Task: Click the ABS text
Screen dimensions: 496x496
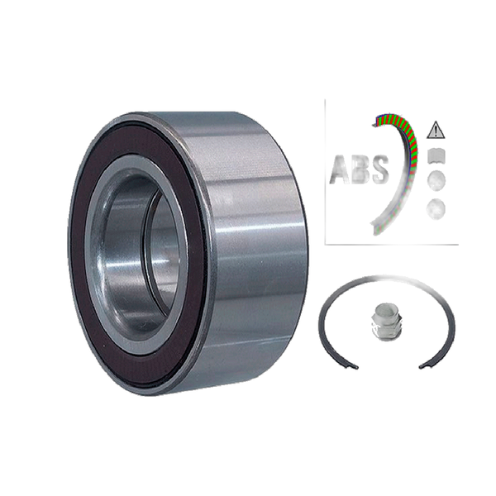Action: pos(359,169)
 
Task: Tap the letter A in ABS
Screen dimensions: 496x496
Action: pos(338,169)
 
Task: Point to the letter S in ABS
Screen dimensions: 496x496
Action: pos(379,169)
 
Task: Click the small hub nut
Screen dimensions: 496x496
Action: pos(384,318)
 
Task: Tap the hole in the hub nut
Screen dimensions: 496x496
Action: pos(384,312)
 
